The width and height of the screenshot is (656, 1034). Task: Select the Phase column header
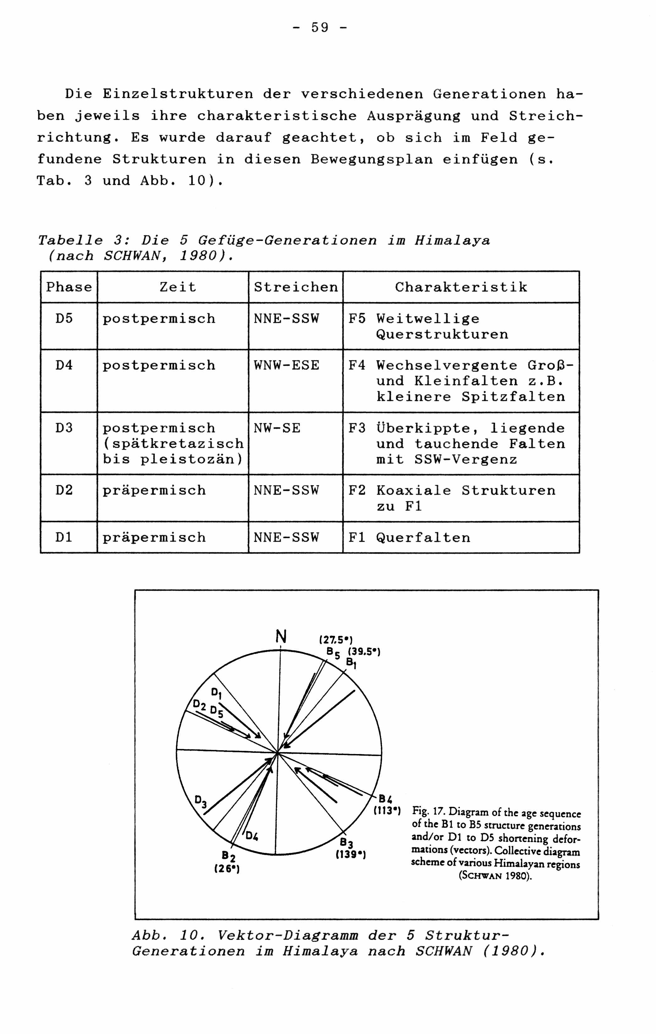coord(69,287)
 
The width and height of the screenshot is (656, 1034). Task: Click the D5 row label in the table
coord(64,319)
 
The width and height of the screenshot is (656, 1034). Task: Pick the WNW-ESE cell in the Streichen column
coord(286,365)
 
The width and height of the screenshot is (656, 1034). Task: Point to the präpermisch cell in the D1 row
coord(154,538)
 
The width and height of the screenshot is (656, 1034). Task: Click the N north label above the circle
coord(281,636)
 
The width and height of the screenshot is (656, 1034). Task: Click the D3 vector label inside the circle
coord(200,801)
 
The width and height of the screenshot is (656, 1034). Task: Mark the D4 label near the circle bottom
coord(252,836)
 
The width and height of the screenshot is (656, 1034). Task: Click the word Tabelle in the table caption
coord(70,240)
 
